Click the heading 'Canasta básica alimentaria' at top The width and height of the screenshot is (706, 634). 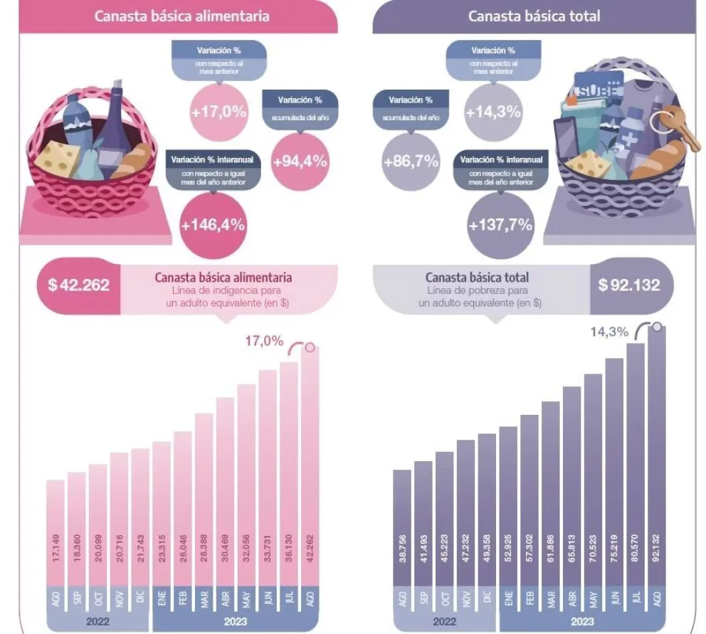pyautogui.click(x=181, y=16)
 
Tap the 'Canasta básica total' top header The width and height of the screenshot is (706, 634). pyautogui.click(x=534, y=16)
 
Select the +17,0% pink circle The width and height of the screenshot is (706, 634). pyautogui.click(x=218, y=111)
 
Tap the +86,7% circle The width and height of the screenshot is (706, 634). pyautogui.click(x=410, y=161)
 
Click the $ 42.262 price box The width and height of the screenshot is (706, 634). pyautogui.click(x=78, y=285)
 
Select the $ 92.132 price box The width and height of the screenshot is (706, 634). pyautogui.click(x=628, y=285)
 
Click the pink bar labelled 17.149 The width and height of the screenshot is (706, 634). pyautogui.click(x=56, y=530)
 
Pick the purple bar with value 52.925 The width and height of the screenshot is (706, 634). pyautogui.click(x=507, y=505)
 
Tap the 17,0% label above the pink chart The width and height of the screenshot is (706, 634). pyautogui.click(x=260, y=341)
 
